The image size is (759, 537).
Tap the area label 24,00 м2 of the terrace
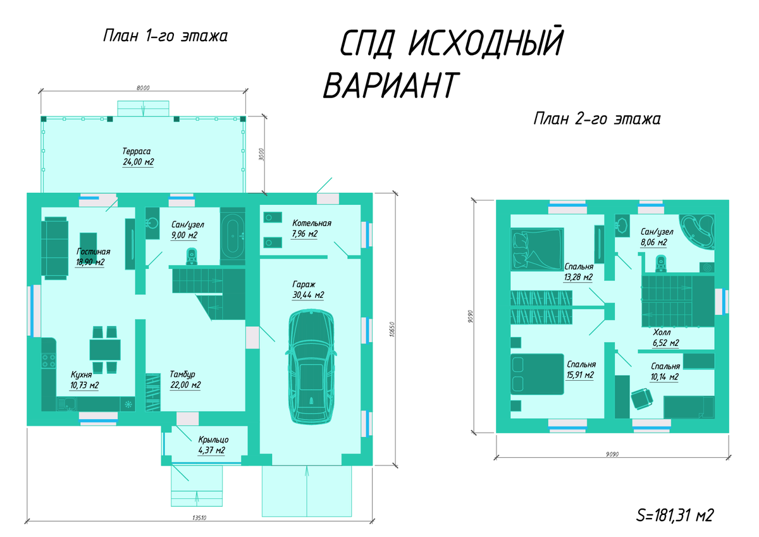pyautogui.click(x=139, y=163)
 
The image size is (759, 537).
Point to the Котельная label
pyautogui.click(x=311, y=223)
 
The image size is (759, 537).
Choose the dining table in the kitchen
pyautogui.click(x=105, y=349)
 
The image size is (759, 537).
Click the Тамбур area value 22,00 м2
pyautogui.click(x=185, y=385)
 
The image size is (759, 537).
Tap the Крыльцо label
pyautogui.click(x=213, y=439)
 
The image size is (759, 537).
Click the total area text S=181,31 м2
pyautogui.click(x=674, y=515)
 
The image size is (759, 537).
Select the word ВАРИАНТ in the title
pyautogui.click(x=389, y=85)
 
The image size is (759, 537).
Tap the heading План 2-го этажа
pyautogui.click(x=596, y=119)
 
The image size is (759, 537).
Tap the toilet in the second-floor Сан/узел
pyautogui.click(x=662, y=262)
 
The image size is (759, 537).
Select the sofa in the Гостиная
pyautogui.click(x=55, y=248)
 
